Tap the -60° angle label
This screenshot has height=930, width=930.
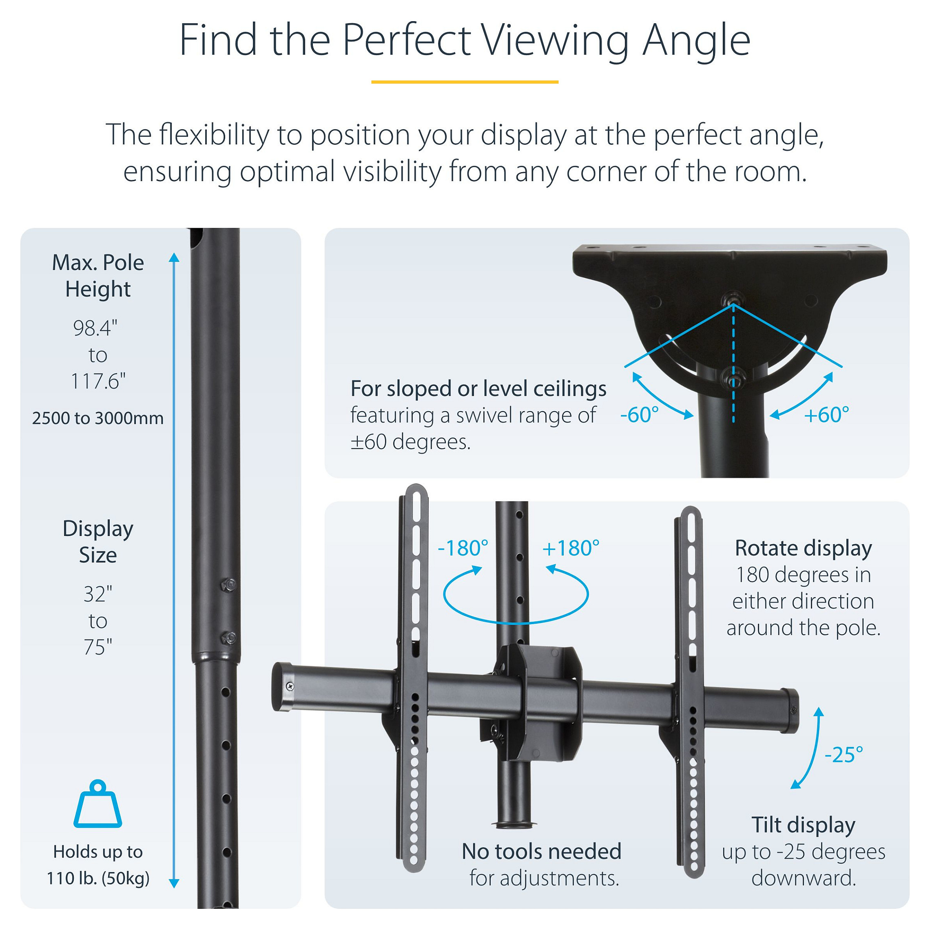pyautogui.click(x=639, y=415)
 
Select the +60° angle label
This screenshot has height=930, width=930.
pyautogui.click(x=826, y=415)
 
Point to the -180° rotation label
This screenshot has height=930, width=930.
pyautogui.click(x=463, y=548)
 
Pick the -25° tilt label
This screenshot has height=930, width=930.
pyautogui.click(x=844, y=755)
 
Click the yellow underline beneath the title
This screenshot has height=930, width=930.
pyautogui.click(x=465, y=82)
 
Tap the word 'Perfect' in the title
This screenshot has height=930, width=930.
pyautogui.click(x=406, y=40)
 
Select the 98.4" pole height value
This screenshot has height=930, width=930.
pyautogui.click(x=95, y=328)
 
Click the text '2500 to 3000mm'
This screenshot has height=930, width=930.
pyautogui.click(x=98, y=418)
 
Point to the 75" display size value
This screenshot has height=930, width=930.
pyautogui.click(x=98, y=647)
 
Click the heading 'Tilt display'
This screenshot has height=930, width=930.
pyautogui.click(x=804, y=825)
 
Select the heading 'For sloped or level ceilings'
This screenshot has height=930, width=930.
pyautogui.click(x=478, y=388)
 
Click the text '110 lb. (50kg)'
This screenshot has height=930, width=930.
pyautogui.click(x=98, y=879)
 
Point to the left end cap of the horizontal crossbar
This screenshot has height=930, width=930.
pyautogui.click(x=283, y=686)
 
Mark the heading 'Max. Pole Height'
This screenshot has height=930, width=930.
pyautogui.click(x=98, y=276)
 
